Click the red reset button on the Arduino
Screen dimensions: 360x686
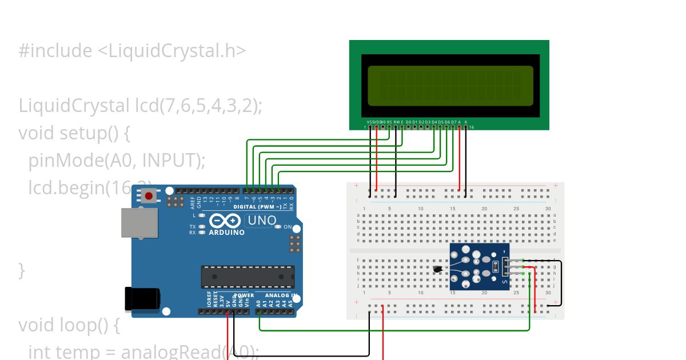[x=149, y=197]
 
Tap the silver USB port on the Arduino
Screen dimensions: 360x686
[x=139, y=222]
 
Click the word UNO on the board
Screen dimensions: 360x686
[x=262, y=221]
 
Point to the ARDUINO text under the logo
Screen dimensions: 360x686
[x=226, y=233]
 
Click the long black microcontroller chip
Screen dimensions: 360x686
[x=248, y=276]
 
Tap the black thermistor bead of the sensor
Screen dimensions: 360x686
[x=438, y=269]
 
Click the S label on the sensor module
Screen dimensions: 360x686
[x=504, y=281]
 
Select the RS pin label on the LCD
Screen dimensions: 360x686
[x=389, y=122]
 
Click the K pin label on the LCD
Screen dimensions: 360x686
[x=466, y=122]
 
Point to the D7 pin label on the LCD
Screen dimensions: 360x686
[x=453, y=122]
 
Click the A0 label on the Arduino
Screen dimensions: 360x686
[x=258, y=303]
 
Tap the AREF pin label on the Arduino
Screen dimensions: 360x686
[x=193, y=202]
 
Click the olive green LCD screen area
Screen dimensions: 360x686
[x=450, y=86]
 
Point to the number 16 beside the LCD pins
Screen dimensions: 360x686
[x=471, y=127]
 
